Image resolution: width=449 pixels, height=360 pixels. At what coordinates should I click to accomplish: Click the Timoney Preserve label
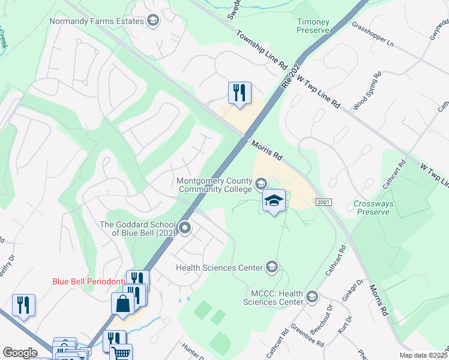[313, 26]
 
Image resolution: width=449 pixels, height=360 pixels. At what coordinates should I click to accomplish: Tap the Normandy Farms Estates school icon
[152, 21]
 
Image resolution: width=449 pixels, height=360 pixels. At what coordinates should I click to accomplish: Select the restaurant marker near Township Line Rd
[239, 94]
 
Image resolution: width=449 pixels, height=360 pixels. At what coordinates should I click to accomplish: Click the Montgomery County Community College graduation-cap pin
[274, 202]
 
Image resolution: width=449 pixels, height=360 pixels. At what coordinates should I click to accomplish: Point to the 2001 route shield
[323, 202]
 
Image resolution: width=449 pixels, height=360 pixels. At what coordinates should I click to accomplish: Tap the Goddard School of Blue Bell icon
[185, 227]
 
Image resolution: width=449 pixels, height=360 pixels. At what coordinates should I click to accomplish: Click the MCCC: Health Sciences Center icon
[312, 296]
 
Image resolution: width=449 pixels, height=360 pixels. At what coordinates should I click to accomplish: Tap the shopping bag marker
[122, 304]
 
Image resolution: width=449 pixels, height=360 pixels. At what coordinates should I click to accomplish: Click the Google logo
[20, 353]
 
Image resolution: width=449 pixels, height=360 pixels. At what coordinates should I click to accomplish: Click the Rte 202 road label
[291, 74]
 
